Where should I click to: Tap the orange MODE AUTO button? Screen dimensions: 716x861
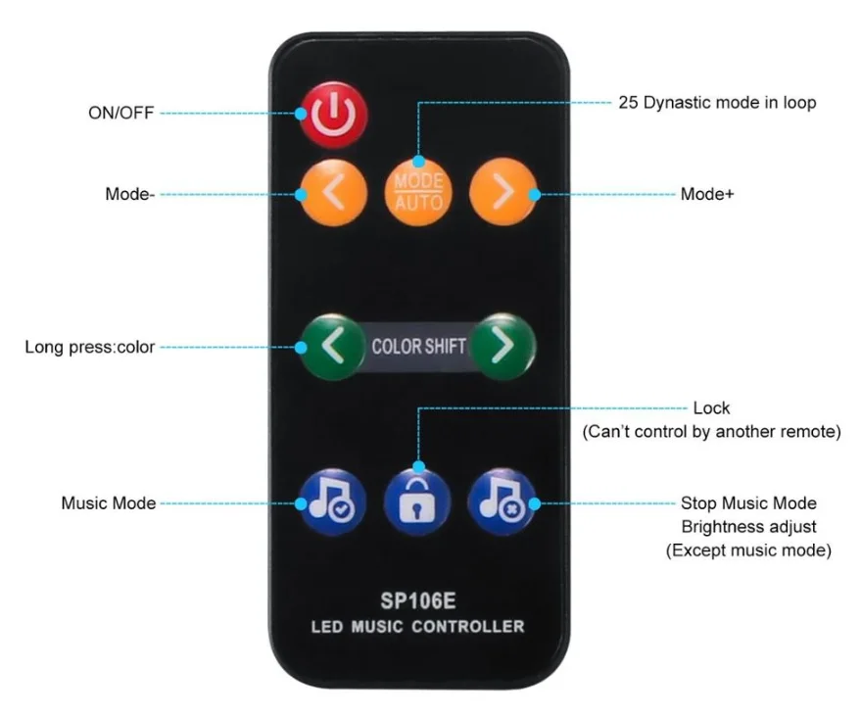[418, 190]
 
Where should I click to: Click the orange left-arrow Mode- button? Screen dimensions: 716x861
[333, 193]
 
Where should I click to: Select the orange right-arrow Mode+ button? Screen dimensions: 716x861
[502, 192]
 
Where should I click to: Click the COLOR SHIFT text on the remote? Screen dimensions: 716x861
[418, 347]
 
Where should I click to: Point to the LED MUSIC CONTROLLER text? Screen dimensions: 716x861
[418, 626]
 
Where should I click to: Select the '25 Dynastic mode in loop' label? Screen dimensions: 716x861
[716, 102]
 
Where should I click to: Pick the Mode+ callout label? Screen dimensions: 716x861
[707, 194]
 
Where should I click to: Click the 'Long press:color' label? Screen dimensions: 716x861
[90, 347]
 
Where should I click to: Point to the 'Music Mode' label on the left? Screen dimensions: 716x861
[109, 503]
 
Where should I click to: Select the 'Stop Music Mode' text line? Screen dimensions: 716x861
[748, 503]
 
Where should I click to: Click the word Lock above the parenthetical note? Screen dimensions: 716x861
[711, 407]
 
